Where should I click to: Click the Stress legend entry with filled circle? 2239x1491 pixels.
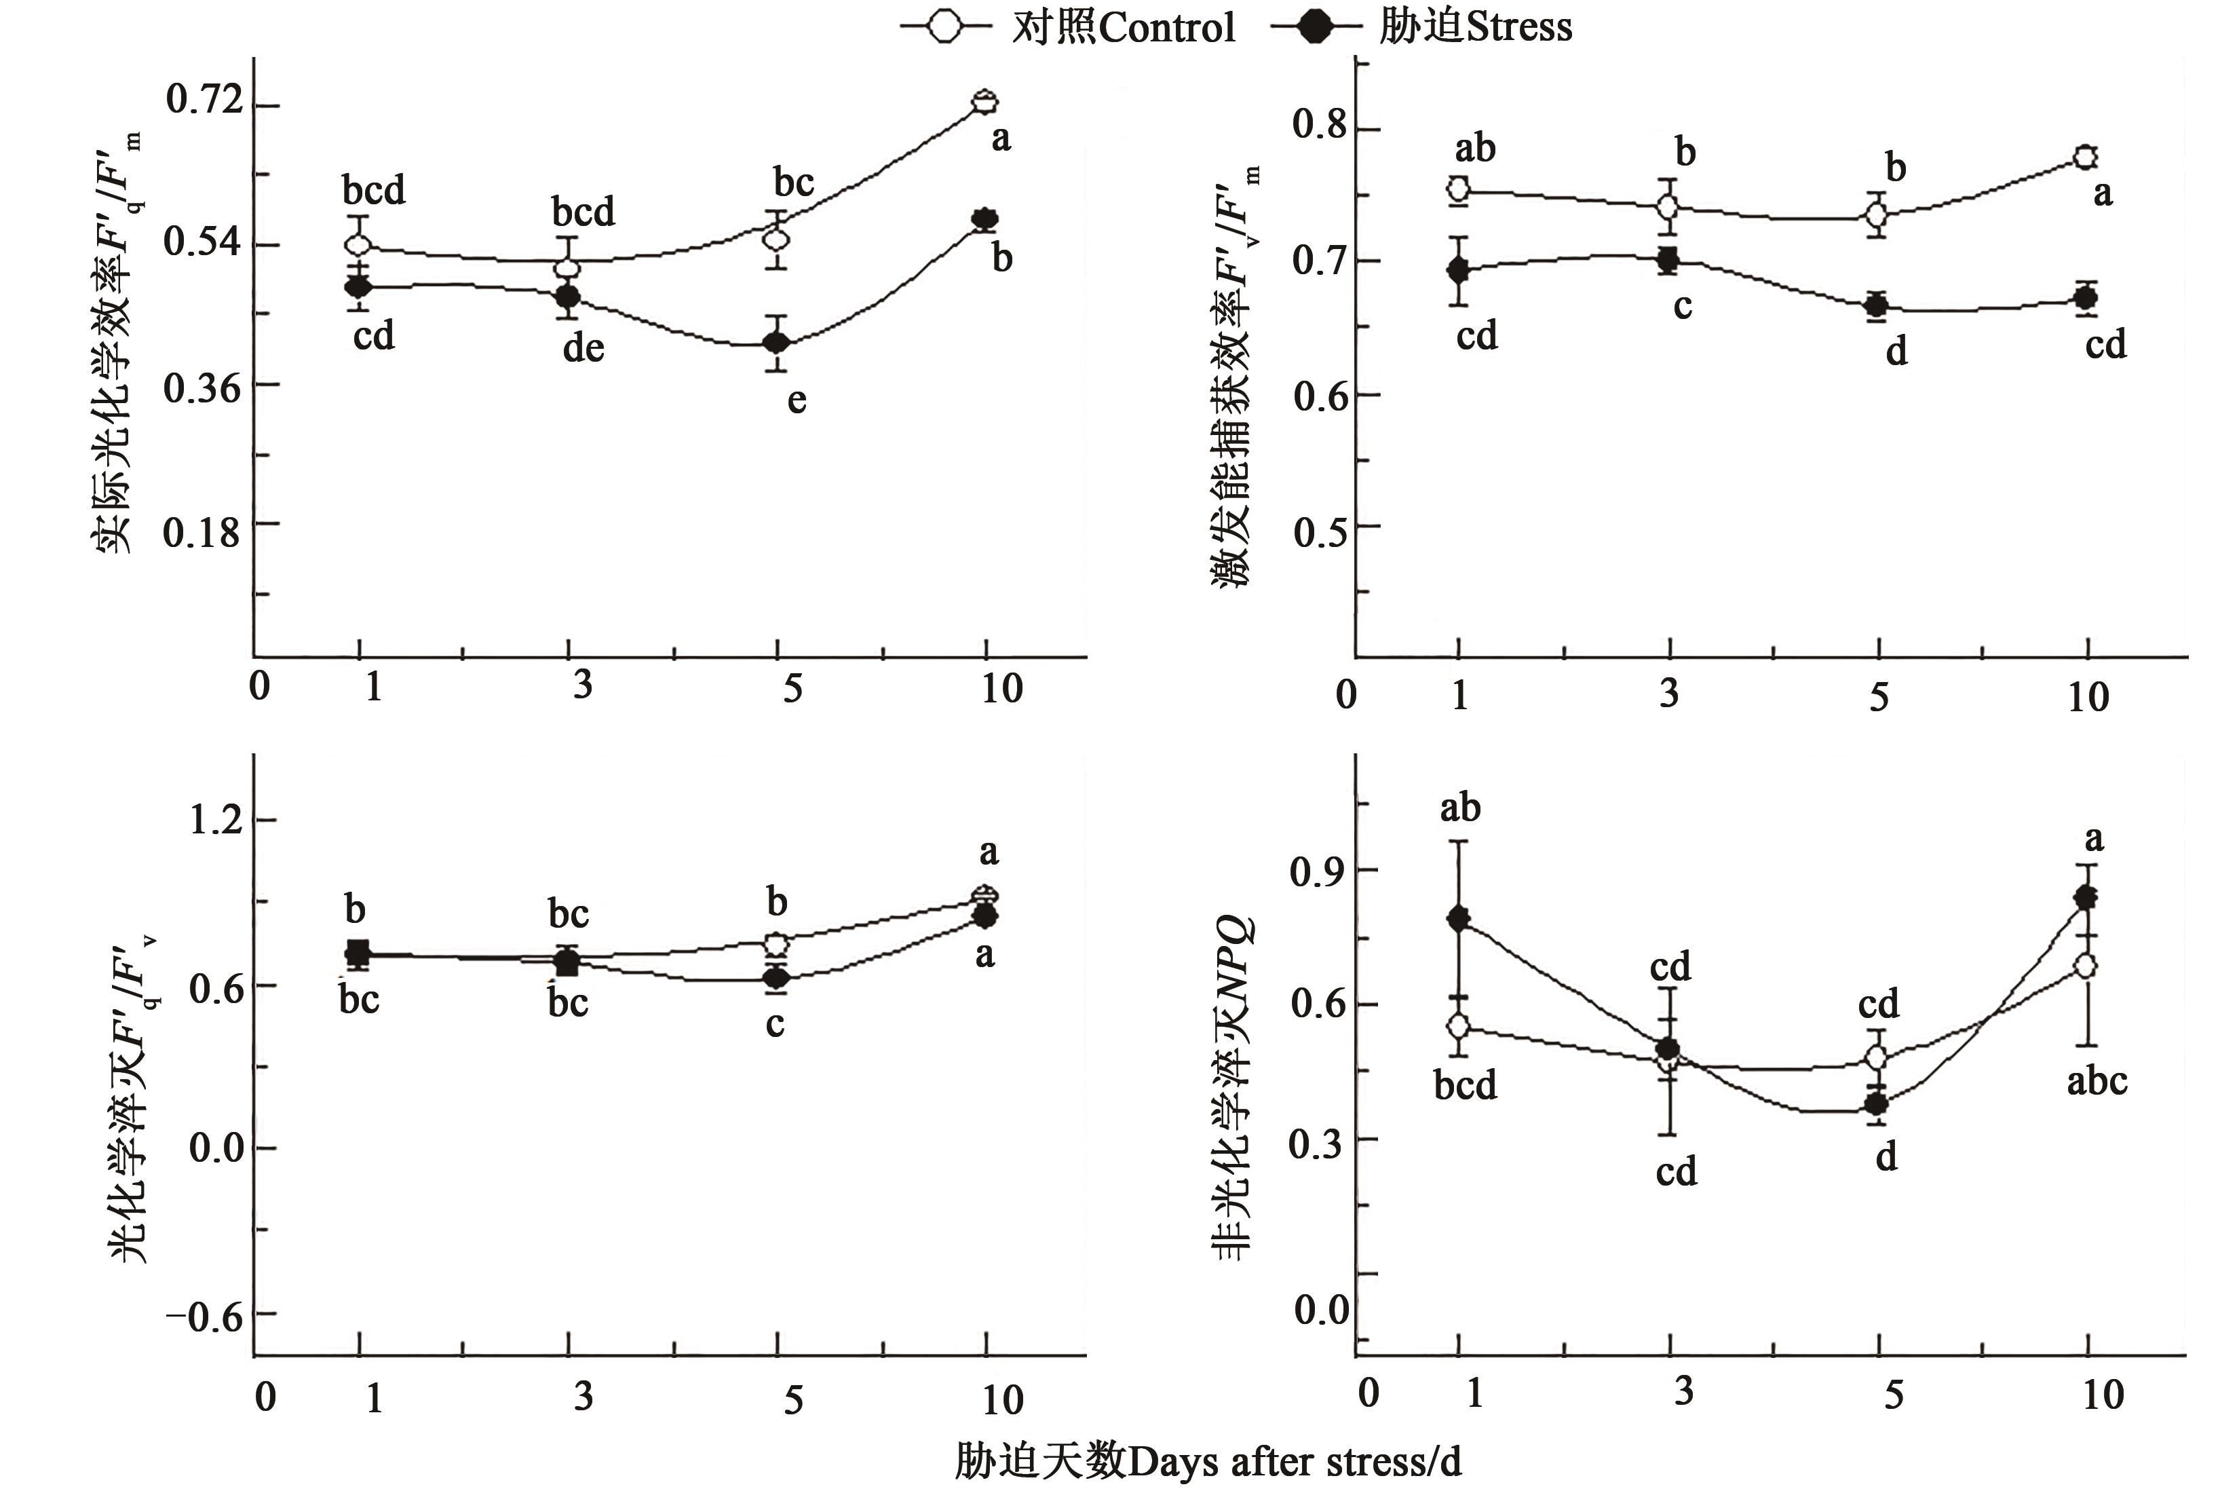(1422, 26)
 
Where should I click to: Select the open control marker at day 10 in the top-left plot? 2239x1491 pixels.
(986, 101)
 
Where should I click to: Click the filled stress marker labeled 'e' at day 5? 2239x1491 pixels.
(778, 342)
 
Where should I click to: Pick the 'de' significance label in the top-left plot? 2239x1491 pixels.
(583, 348)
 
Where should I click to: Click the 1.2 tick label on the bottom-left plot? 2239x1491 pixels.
(216, 818)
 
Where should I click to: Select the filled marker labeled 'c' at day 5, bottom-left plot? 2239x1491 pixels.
(777, 977)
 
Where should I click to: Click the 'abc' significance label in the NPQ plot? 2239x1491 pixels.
(2097, 1081)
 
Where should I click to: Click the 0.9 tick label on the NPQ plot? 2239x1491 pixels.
(1318, 872)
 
